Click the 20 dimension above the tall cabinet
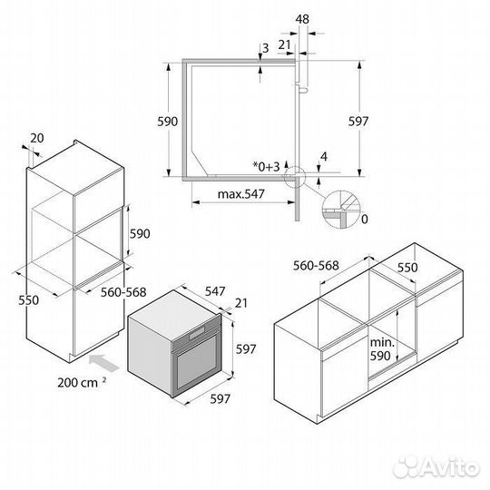pyautogui.click(x=36, y=138)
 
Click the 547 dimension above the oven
pyautogui.click(x=214, y=292)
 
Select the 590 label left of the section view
pyautogui.click(x=167, y=121)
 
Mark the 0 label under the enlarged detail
pyautogui.click(x=363, y=220)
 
